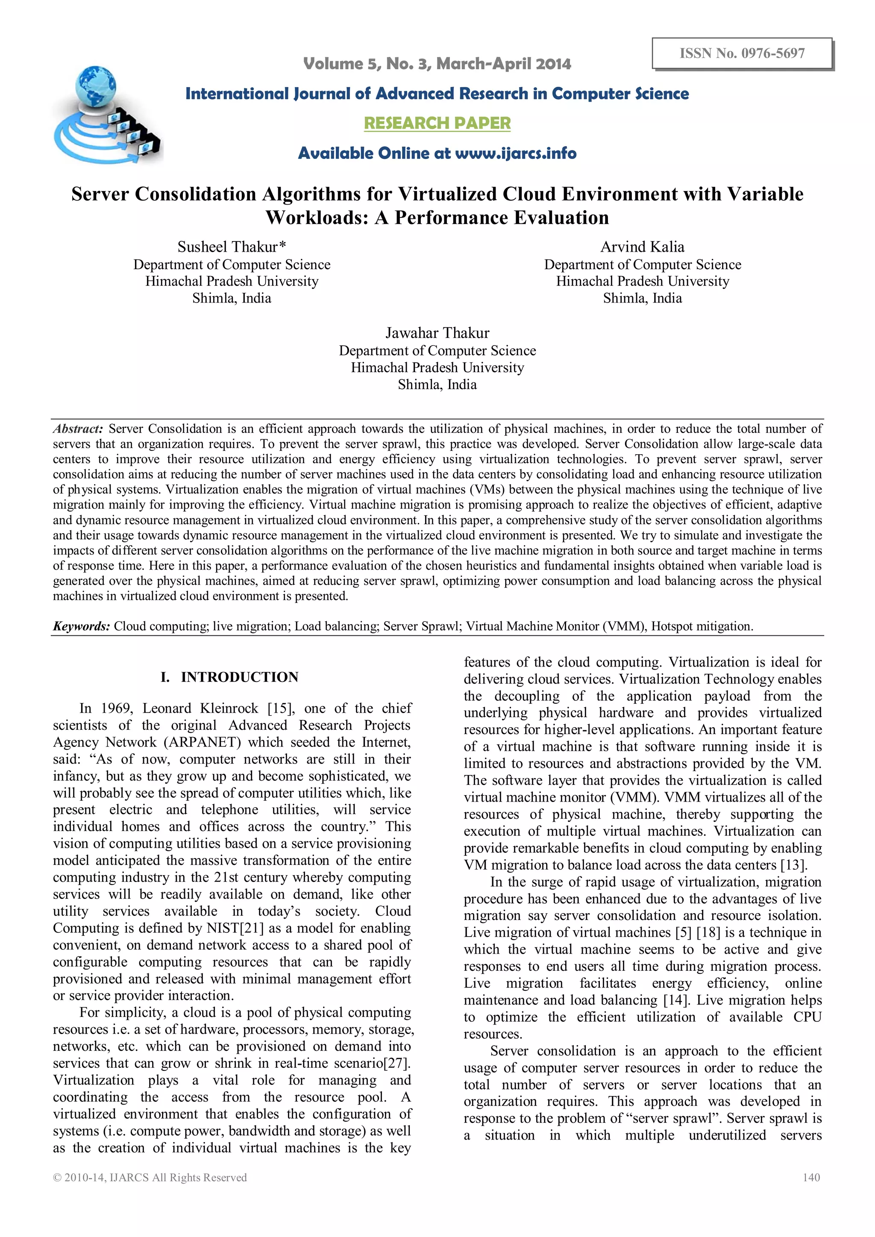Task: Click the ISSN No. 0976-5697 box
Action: pos(742,53)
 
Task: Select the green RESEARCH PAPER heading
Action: pos(437,123)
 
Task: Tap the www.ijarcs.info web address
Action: pos(516,153)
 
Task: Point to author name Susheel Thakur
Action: pos(231,247)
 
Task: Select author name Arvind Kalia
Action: pos(642,247)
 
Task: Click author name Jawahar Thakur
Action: pos(437,333)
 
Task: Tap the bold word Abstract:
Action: pos(78,429)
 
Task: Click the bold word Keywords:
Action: pos(81,626)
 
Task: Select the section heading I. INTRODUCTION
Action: pos(229,677)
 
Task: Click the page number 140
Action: pos(811,1177)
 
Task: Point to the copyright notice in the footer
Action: pos(150,1177)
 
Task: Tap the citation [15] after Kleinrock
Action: pos(281,708)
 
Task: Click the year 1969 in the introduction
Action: pos(116,708)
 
